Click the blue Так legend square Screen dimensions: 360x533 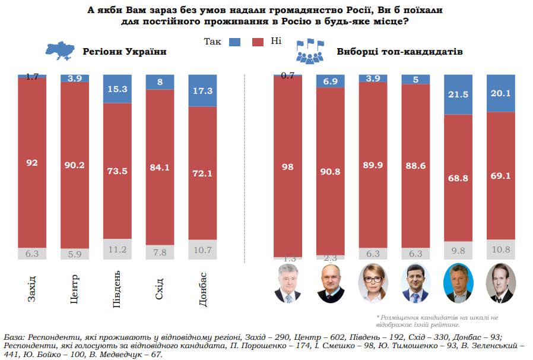pos(235,42)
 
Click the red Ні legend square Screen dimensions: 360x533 pos(258,42)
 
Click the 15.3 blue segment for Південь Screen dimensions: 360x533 pos(118,89)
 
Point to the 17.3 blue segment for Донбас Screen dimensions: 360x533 pos(202,91)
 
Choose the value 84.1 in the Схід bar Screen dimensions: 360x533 pos(160,168)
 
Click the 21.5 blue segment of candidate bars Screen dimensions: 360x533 pos(458,95)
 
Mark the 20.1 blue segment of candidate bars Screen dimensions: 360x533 pos(500,93)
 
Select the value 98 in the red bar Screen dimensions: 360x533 pos(287,168)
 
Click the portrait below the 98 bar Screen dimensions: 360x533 pos(288,285)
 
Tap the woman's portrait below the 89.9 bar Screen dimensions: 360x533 pos(373,285)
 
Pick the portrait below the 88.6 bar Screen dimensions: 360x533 pos(415,285)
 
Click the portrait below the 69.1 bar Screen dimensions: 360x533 pos(500,285)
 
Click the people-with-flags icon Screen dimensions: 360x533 pos(310,51)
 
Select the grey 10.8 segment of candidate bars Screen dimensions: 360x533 pos(500,248)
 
